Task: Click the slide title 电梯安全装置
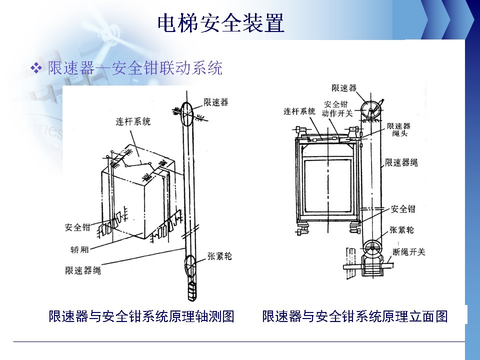pyautogui.click(x=221, y=23)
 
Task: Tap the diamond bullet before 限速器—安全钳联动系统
pyautogui.click(x=36, y=68)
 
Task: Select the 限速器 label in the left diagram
pyautogui.click(x=216, y=102)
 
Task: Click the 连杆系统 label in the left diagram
pyautogui.click(x=133, y=121)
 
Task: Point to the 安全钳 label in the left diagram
pyautogui.click(x=77, y=227)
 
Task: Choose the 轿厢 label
pyautogui.click(x=79, y=249)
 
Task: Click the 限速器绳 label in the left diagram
pyautogui.click(x=83, y=270)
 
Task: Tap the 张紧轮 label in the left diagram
pyautogui.click(x=219, y=256)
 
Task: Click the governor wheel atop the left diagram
pyautogui.click(x=187, y=113)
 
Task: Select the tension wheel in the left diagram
pyautogui.click(x=190, y=266)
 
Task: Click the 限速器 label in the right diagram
pyautogui.click(x=344, y=88)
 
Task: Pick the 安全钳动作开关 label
pyautogui.click(x=337, y=108)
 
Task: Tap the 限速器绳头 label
pyautogui.click(x=398, y=129)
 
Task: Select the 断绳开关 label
pyautogui.click(x=409, y=252)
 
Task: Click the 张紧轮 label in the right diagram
pyautogui.click(x=401, y=230)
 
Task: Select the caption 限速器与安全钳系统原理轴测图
pyautogui.click(x=141, y=316)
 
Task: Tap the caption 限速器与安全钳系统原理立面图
pyautogui.click(x=355, y=316)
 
